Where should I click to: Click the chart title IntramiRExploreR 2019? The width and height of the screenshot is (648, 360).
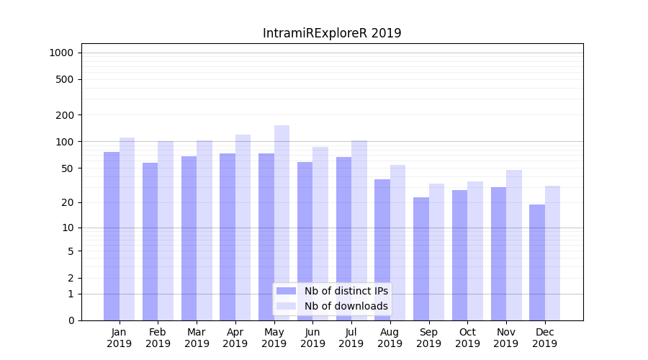tap(332, 33)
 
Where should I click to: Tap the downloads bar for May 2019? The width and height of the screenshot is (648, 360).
tap(282, 222)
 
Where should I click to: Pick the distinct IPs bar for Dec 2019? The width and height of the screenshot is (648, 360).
tap(537, 262)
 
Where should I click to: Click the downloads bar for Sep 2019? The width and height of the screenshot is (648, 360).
tap(436, 252)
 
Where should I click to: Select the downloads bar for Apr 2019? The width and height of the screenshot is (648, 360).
tap(243, 228)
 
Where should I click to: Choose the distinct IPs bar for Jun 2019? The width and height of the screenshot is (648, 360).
tap(305, 241)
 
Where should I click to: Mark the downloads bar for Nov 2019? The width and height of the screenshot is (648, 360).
tap(514, 245)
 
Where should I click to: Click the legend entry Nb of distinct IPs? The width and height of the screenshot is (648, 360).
tap(346, 291)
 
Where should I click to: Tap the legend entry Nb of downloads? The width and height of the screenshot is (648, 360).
tap(346, 306)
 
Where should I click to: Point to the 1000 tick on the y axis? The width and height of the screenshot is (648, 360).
tap(60, 53)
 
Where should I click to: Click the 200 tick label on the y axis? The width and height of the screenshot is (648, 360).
tap(66, 115)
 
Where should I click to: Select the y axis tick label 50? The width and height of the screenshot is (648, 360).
tap(68, 168)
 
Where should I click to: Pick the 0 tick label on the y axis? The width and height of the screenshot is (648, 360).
tap(71, 320)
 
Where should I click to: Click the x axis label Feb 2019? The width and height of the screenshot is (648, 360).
tap(158, 338)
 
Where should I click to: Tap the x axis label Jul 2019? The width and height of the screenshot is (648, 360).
tap(351, 338)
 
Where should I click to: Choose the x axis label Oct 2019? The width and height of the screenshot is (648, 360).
tap(467, 338)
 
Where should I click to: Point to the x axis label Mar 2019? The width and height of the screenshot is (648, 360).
tap(197, 338)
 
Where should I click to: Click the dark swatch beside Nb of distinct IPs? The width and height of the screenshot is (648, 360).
tap(287, 291)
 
